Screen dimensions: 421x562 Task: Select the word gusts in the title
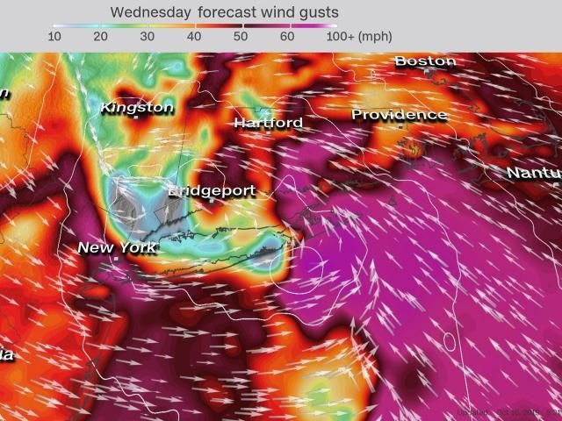317,12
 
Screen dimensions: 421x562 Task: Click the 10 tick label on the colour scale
54,37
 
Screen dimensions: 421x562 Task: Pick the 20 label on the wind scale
101,37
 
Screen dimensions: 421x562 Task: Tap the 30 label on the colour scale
148,37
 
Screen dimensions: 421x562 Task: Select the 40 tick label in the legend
194,37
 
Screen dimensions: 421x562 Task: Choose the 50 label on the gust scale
241,37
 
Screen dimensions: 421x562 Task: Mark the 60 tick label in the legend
287,37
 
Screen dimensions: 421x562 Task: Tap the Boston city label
425,61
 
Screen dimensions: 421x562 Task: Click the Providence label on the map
400,115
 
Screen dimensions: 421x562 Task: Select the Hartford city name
268,123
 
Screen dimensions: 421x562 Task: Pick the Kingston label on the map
137,107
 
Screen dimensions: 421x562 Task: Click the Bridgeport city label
212,190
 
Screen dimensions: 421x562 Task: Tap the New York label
117,247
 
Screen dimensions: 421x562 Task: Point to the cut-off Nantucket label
533,173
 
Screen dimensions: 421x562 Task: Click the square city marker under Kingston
135,118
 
